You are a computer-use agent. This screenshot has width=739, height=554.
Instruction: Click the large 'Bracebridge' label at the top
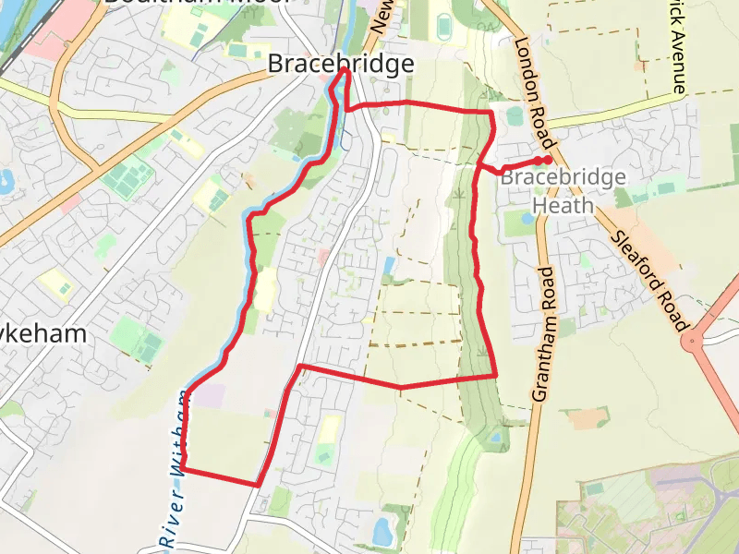pos(341,64)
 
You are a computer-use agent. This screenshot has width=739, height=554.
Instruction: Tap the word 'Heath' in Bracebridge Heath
pos(563,205)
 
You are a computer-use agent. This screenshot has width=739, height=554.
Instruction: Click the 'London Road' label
pos(535,92)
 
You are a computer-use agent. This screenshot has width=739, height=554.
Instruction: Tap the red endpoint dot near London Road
pos(548,161)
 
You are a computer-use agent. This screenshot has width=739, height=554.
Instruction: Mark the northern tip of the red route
pos(345,69)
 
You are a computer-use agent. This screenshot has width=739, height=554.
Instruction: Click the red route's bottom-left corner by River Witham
pos(183,468)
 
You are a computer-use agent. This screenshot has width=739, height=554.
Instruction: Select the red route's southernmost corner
pos(258,484)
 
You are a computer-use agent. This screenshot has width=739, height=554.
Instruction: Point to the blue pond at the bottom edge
pos(382,531)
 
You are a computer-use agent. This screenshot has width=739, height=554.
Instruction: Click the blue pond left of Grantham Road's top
pos(526,219)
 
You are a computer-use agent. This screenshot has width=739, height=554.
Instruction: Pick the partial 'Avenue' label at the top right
pos(679,55)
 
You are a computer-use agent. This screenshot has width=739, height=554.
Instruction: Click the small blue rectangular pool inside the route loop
pos(389,267)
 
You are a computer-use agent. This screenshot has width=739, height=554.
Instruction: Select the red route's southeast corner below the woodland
pos(496,375)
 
